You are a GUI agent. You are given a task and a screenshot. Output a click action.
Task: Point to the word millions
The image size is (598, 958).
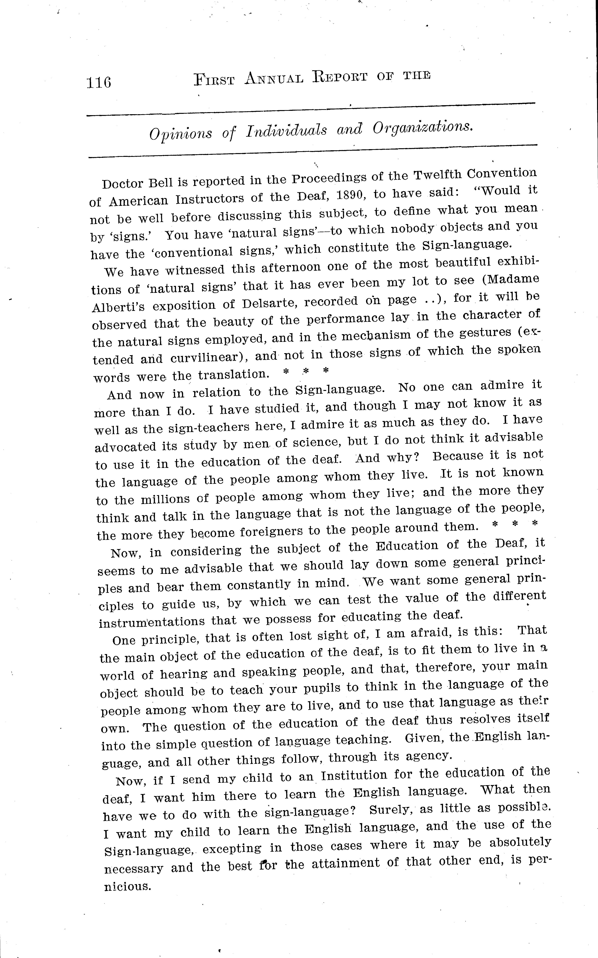coord(168,498)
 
